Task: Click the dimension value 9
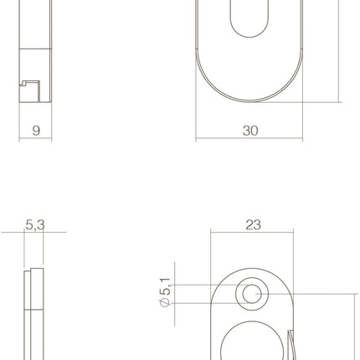[35, 130]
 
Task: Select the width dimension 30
[249, 130]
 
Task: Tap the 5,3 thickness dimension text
[35, 224]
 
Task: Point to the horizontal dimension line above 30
[249, 140]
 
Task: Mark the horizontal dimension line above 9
[35, 140]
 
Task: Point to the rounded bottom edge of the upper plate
[249, 100]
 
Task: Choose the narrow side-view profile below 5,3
[34, 318]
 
